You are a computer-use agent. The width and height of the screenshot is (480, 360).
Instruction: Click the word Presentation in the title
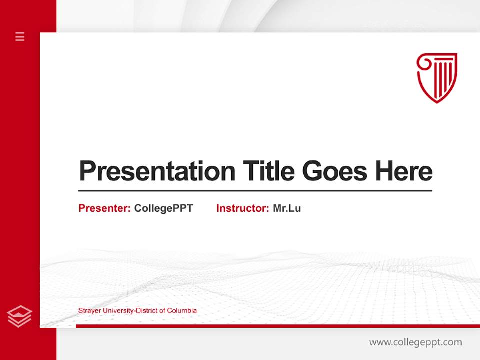pos(157,171)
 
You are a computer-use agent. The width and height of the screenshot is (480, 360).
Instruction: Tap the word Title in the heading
pos(268,171)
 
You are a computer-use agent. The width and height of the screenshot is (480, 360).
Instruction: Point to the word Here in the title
pos(403,171)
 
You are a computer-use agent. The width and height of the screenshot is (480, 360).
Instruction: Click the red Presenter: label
pos(104,208)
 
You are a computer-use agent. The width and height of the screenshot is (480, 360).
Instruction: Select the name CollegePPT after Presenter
pos(163,208)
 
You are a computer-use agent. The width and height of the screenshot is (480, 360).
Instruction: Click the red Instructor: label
pos(242,208)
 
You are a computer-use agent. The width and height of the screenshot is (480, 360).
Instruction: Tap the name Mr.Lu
pos(287,208)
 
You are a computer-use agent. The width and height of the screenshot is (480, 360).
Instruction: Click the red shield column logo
pos(437,77)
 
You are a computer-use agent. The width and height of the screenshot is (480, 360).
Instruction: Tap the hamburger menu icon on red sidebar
pos(20,36)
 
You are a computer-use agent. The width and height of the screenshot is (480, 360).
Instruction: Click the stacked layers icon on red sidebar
pos(20,316)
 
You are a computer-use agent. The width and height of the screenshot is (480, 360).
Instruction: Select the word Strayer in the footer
pos(89,311)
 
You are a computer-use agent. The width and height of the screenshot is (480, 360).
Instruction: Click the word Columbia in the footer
pos(182,311)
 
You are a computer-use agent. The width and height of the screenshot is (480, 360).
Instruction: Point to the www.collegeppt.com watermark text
pos(415,342)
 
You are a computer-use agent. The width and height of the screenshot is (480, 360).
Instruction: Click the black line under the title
pos(255,191)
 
